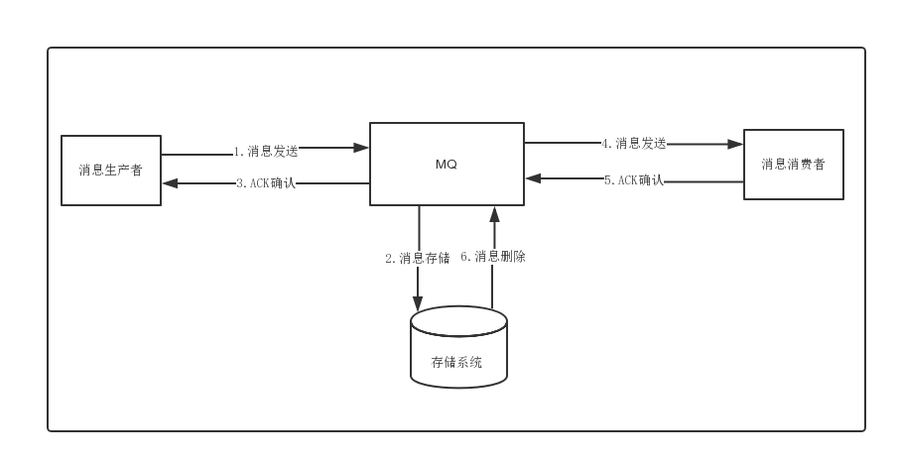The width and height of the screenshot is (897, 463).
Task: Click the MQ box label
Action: pos(447,165)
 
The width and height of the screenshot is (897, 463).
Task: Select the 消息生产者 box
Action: pos(111,171)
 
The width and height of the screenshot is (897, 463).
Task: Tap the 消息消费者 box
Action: pos(794,165)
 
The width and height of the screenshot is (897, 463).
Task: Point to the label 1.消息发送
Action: pos(266,152)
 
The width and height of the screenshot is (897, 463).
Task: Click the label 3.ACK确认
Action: pos(266,183)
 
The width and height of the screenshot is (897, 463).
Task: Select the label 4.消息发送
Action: pos(633,143)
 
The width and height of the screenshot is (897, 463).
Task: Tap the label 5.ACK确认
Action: pos(633,180)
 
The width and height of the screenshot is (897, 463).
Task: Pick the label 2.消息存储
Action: pos(418,259)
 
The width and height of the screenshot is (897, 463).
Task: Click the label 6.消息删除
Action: pos(493,257)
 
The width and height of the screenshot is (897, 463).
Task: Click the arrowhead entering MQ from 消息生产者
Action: pos(362,148)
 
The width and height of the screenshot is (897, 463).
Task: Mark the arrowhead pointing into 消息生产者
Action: pos(170,183)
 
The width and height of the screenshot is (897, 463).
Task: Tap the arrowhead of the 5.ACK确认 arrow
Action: pos(533,179)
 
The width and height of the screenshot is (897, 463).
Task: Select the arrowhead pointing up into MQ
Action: pos(492,213)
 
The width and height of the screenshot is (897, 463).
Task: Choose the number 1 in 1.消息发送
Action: pos(237,152)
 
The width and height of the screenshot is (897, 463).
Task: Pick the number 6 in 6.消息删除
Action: pos(464,257)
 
